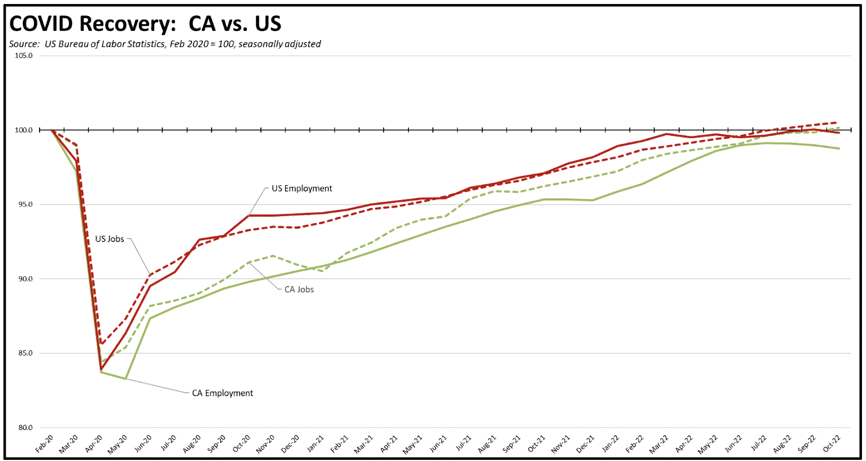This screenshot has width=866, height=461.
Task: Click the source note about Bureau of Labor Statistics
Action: (x=165, y=44)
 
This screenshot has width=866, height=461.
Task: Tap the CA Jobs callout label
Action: (x=299, y=290)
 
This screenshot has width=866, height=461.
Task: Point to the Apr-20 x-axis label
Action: (x=94, y=443)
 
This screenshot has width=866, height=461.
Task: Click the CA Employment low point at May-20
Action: (x=126, y=378)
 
